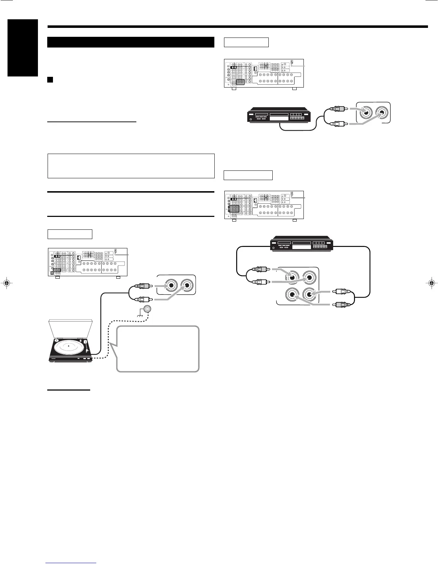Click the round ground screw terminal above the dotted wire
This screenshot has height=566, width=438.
tap(147, 309)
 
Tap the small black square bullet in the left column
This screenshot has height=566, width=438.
tap(50, 79)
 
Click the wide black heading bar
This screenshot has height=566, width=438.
tap(131, 42)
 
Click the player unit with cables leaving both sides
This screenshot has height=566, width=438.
tap(302, 244)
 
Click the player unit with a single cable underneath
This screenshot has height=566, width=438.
tap(279, 116)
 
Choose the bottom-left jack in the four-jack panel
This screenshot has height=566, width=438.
tap(292, 294)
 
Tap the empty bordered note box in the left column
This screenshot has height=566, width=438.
tap(131, 166)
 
